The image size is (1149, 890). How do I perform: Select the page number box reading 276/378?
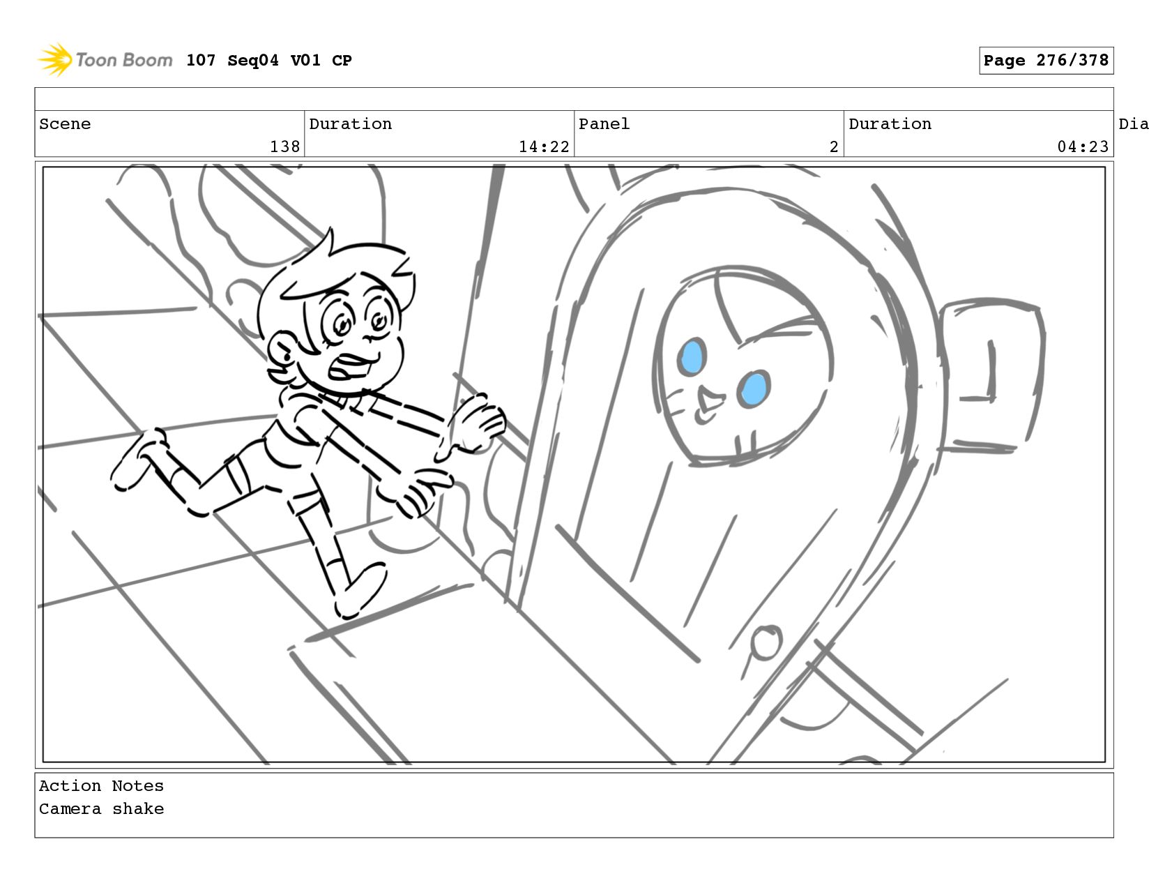pos(1046,61)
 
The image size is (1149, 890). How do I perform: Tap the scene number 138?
pos(284,146)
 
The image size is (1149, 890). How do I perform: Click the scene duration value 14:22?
pos(544,146)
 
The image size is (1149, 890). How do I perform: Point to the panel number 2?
pos(833,146)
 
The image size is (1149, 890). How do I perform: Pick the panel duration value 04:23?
pos(1082,146)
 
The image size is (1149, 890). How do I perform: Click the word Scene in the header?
pos(65,124)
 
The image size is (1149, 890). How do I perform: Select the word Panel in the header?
pos(604,124)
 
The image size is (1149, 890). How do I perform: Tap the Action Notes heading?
pos(101,786)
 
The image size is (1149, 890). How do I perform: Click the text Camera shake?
pos(101,809)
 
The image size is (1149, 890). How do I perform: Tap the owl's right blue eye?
pos(754,388)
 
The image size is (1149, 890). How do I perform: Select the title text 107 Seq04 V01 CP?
pos(269,61)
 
